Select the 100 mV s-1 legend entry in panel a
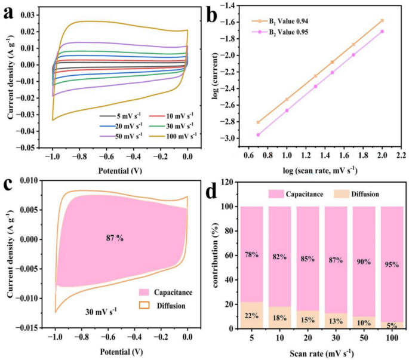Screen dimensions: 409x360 tap(173, 136)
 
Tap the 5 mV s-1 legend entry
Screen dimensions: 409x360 tap(121, 116)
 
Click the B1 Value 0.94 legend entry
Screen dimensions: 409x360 tap(280, 21)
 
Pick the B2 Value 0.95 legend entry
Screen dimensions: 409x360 tap(280, 32)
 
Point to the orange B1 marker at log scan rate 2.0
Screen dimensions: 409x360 tap(382, 21)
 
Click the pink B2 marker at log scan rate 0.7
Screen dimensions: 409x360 tap(258, 135)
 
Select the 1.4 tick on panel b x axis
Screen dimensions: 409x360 tap(325, 155)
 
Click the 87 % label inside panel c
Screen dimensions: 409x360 tap(115, 238)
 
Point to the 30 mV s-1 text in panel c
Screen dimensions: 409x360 tap(101, 312)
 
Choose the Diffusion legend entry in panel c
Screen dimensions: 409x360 tap(162, 306)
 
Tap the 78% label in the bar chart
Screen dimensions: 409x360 tap(252, 254)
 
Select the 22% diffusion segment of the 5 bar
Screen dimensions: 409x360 tap(252, 315)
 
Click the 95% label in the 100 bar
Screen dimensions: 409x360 tap(392, 265)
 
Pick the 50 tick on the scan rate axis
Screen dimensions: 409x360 tap(364, 338)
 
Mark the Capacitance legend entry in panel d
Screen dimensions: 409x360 tap(296, 194)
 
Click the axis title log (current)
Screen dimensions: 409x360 tap(216, 76)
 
